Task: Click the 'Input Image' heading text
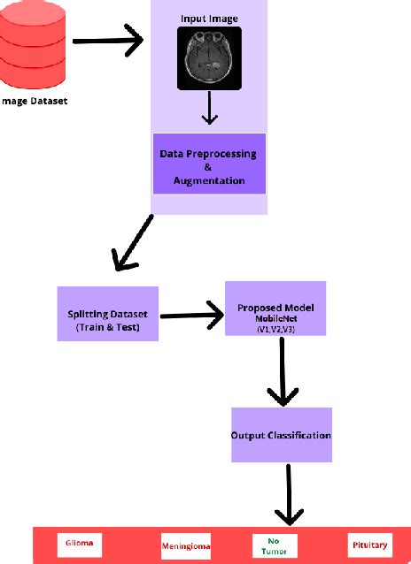coord(209,18)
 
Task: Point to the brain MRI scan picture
coord(209,58)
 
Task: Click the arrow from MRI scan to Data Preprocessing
coord(209,108)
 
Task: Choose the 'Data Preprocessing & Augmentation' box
coord(209,164)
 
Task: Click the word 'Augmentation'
coord(209,180)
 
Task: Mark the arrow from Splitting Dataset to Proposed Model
coord(190,312)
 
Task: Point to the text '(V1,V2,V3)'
coord(275,330)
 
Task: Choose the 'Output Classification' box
coord(281,435)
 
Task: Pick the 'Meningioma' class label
coord(186,545)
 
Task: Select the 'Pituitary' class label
coord(368,545)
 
